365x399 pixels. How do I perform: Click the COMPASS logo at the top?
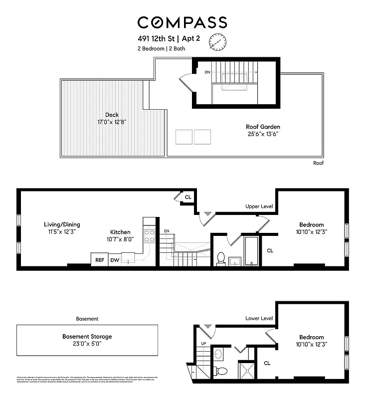point(182,22)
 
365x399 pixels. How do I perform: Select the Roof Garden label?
point(263,130)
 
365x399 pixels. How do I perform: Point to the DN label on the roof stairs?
point(207,72)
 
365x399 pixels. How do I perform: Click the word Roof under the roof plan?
point(319,163)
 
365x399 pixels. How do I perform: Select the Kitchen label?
point(121,235)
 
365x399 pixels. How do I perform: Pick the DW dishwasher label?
point(114,260)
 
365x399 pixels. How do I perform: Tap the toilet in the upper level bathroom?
point(221,258)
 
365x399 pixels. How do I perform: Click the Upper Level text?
point(259,206)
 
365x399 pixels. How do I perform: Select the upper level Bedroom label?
point(311,228)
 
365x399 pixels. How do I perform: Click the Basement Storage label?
point(87,340)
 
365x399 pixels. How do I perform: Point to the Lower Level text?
point(259,318)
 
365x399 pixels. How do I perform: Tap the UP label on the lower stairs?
point(203,344)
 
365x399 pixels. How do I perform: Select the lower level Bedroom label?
point(311,341)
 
